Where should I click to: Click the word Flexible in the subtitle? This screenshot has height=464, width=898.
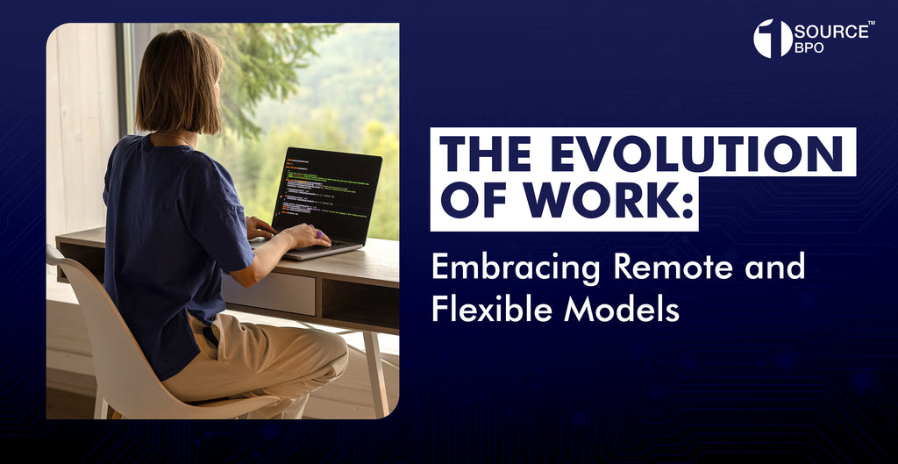[481, 309]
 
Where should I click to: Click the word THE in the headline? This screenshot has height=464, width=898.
[482, 155]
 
